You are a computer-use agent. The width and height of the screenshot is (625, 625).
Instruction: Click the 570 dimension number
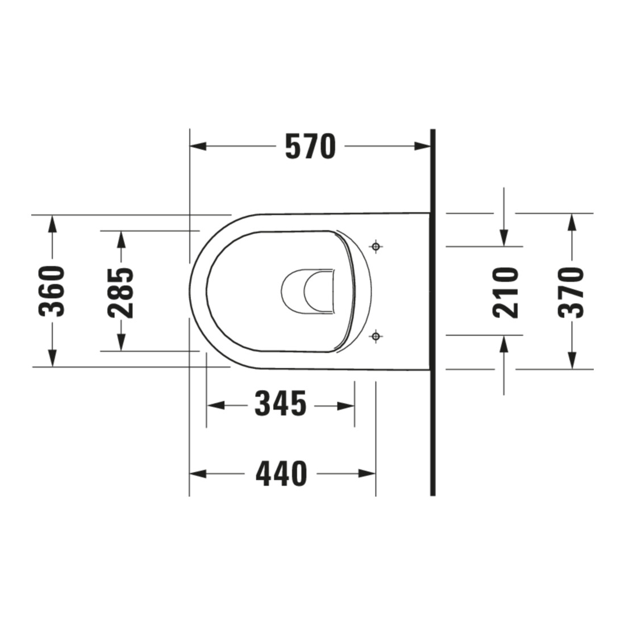click(x=310, y=146)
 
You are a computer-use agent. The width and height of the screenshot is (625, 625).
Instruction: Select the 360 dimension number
click(x=52, y=291)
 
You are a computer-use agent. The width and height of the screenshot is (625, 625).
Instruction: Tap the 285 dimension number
click(x=121, y=293)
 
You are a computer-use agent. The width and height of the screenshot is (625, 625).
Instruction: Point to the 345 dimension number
click(x=281, y=404)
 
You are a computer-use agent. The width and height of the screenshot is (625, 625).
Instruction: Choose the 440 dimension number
click(x=281, y=474)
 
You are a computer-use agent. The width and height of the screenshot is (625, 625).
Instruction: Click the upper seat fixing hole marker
click(x=376, y=247)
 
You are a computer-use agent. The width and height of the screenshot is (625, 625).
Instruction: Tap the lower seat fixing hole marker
click(x=376, y=336)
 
